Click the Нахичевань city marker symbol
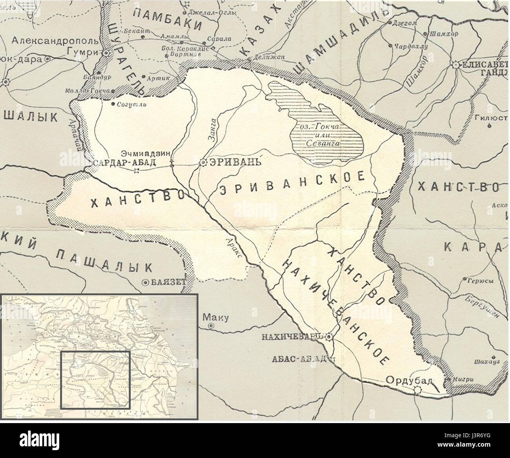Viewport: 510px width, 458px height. point(329,336)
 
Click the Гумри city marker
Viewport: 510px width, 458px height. point(106,52)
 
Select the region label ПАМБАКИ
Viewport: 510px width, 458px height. point(166,20)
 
